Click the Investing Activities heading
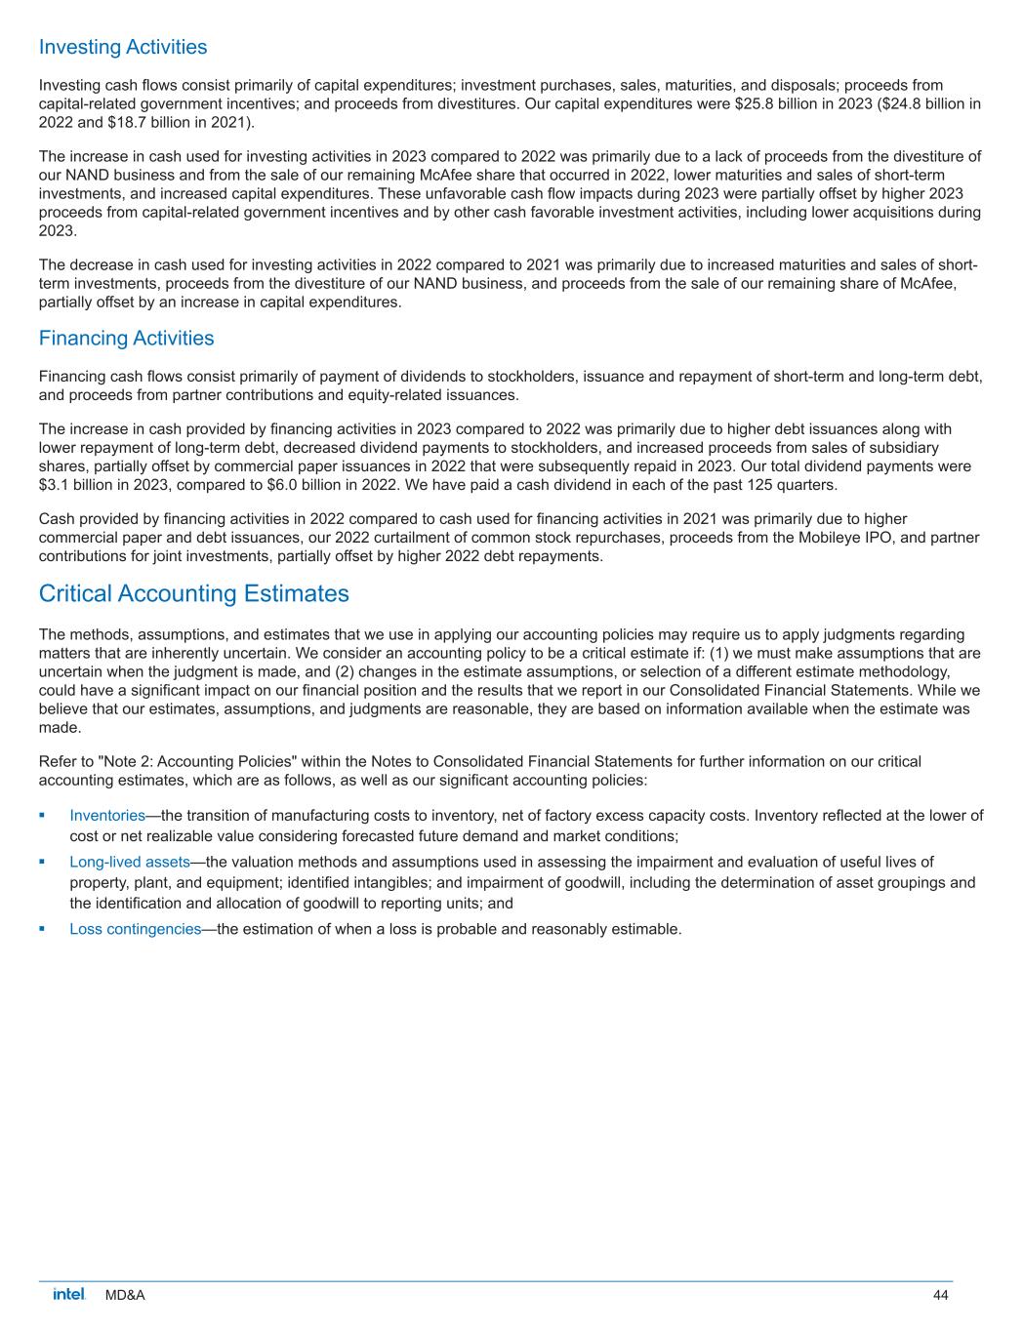(123, 47)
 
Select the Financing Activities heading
(126, 339)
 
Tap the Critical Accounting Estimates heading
(193, 593)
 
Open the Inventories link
(107, 816)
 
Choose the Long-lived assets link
(129, 862)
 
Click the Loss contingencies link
(135, 928)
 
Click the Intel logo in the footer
(69, 1294)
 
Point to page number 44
(940, 1295)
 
